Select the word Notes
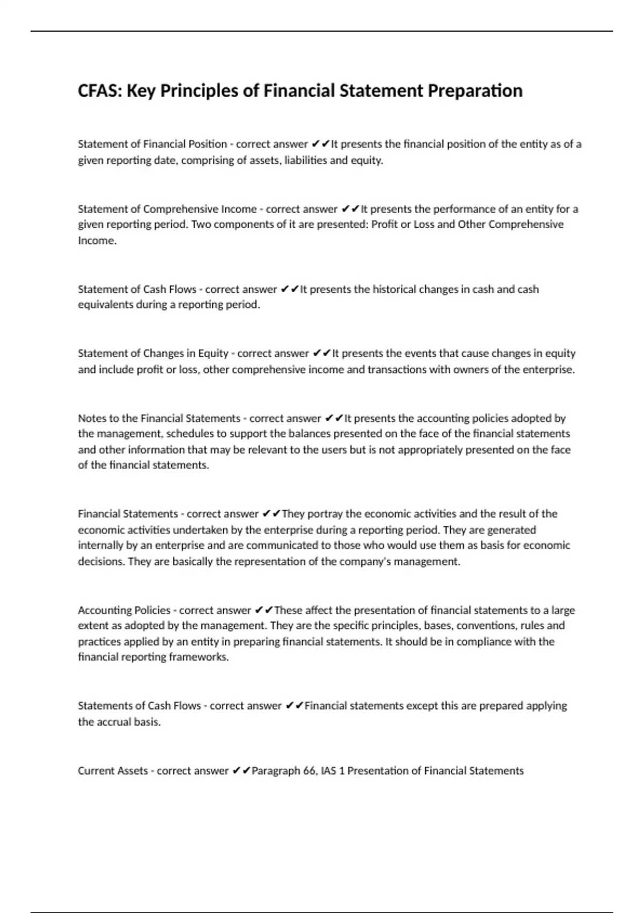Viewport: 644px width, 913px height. click(92, 418)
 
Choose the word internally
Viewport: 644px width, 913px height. click(101, 545)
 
